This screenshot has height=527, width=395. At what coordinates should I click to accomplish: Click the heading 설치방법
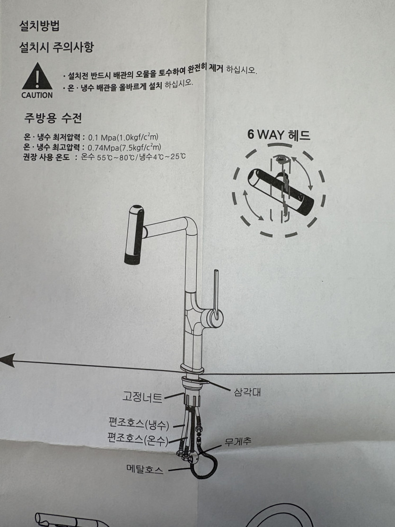39,26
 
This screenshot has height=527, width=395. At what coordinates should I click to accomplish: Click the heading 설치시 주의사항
56,47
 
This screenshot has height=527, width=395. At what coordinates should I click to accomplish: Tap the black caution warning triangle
37,76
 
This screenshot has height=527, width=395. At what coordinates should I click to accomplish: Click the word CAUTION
37,95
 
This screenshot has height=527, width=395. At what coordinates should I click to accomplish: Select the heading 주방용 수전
53,118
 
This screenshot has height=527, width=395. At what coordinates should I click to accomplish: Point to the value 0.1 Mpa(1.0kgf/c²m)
123,137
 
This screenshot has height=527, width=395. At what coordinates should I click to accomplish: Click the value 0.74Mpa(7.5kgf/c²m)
124,147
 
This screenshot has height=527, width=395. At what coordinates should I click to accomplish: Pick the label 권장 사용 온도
46,157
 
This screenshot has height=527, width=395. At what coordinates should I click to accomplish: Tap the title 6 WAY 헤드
279,135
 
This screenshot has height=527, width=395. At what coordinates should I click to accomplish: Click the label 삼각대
247,392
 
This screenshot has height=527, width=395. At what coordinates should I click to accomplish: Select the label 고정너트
142,397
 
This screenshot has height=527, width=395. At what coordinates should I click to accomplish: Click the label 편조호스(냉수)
139,424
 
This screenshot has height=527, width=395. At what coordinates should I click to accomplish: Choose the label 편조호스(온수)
138,439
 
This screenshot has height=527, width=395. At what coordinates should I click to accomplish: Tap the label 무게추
238,442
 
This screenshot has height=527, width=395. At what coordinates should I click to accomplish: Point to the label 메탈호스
145,469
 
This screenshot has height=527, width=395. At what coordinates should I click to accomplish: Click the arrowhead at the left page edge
8,360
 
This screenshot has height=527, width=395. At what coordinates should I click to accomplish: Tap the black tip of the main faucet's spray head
132,259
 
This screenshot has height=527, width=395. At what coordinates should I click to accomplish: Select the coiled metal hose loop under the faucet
204,465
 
